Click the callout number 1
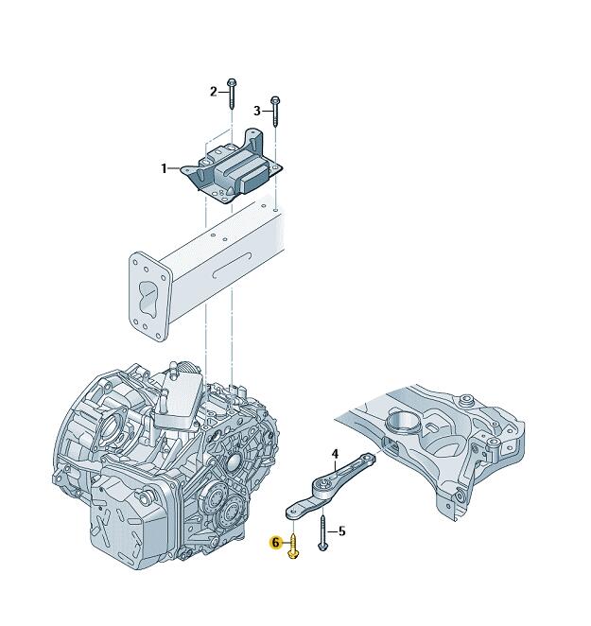point(164,168)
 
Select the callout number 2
point(214,92)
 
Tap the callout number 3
point(257,111)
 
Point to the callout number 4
point(335,454)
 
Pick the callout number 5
point(341,531)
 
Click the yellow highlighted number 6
point(275,543)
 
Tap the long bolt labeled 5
point(322,533)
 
